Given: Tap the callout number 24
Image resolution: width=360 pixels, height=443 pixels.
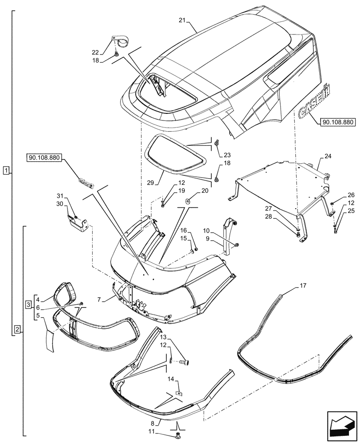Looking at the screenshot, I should [x=328, y=156].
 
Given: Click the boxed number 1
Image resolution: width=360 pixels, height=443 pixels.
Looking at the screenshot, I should [x=5, y=170].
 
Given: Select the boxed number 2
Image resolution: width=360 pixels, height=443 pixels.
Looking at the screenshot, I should [x=16, y=329].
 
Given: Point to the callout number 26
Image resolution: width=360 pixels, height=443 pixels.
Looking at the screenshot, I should [x=339, y=194].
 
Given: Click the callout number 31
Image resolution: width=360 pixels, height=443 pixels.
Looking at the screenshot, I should [x=60, y=196].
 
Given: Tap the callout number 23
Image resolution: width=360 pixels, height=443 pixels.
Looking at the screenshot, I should [x=227, y=155].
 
